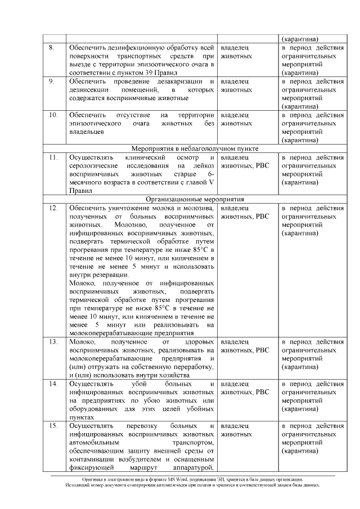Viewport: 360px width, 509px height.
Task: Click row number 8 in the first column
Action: [x=51, y=48]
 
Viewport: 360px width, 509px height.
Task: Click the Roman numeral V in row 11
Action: [x=211, y=183]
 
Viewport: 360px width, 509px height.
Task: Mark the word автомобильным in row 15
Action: [x=94, y=443]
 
